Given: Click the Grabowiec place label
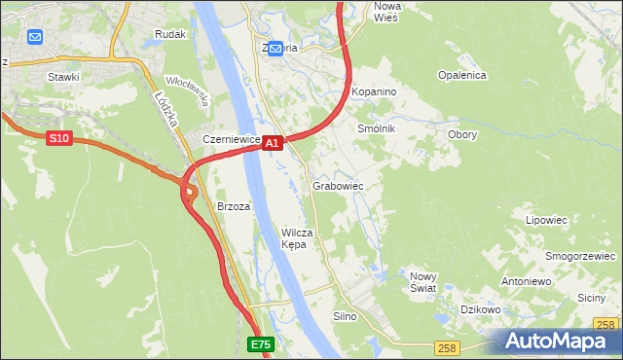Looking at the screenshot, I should click(338, 185).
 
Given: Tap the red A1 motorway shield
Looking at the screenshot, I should click(273, 142).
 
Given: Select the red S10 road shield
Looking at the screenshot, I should click(59, 139).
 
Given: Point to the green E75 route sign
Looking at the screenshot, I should click(261, 344).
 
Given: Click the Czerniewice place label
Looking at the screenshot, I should click(231, 139).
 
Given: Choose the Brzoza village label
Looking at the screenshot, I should click(234, 206).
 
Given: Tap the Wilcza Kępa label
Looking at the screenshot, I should click(296, 238).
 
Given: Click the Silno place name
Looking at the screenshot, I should click(346, 316).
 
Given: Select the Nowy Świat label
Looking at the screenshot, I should click(422, 281).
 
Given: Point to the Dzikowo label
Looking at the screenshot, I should click(480, 309).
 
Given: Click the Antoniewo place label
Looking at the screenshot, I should click(526, 280).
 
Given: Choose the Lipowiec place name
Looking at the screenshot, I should click(546, 220).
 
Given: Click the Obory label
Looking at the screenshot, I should click(461, 134).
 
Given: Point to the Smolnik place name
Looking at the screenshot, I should click(376, 127).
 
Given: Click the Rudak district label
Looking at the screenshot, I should click(170, 34).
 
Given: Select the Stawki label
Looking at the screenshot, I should click(63, 75).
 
